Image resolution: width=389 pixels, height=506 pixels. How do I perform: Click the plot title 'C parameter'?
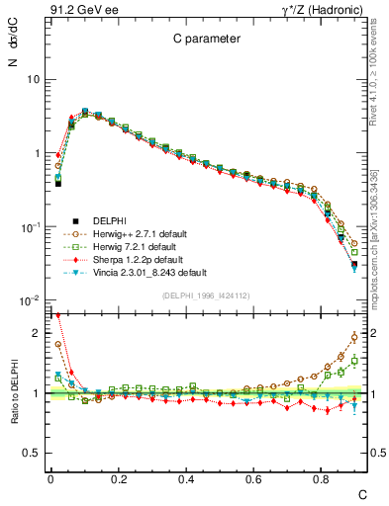[206, 40]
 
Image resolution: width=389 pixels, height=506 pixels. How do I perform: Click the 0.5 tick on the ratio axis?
[34, 453]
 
